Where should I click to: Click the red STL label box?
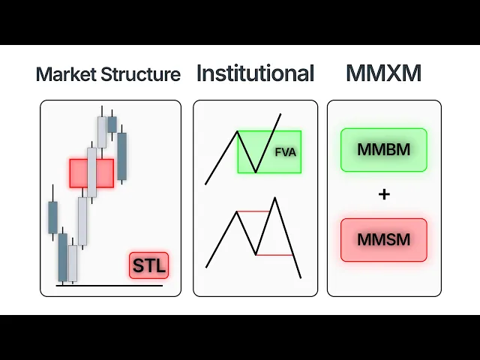[x=148, y=265]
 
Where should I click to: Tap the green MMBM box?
[x=383, y=149]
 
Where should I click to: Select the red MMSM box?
[x=383, y=240]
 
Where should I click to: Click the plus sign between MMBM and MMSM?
[x=384, y=194]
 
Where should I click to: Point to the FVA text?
[x=286, y=152]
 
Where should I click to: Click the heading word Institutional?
[x=254, y=73]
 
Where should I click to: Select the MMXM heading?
[x=383, y=73]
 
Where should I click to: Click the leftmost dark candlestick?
[x=52, y=217]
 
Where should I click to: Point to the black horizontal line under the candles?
[x=109, y=285]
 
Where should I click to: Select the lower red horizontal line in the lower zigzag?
[x=274, y=255]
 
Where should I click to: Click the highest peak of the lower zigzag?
[x=275, y=198]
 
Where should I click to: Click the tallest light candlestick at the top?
[x=102, y=132]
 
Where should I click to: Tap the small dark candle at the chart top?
[x=112, y=124]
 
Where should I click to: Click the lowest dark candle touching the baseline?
[x=63, y=256]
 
